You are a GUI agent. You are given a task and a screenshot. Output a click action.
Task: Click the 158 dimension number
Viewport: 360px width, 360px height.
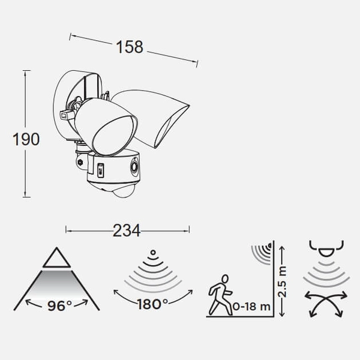[130, 47]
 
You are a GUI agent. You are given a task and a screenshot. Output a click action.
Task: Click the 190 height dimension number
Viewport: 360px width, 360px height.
[26, 139]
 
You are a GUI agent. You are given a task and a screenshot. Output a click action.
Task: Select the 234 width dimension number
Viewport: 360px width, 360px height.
[127, 230]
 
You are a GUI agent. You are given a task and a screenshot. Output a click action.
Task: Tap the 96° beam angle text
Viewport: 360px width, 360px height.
[59, 305]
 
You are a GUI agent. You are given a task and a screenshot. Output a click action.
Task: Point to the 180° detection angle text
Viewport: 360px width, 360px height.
[152, 304]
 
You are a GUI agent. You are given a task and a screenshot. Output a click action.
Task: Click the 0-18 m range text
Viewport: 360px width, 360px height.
[251, 306]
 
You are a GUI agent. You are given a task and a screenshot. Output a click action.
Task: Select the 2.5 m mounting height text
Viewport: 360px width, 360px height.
[282, 282]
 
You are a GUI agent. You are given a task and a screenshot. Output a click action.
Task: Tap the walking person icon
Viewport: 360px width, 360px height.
[220, 295]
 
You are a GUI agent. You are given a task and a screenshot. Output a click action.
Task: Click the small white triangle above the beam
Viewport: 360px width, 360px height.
[57, 258]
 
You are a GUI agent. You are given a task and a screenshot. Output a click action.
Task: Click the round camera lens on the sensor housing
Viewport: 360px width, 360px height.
[134, 167]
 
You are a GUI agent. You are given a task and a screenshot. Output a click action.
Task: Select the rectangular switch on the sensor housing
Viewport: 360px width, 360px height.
[101, 170]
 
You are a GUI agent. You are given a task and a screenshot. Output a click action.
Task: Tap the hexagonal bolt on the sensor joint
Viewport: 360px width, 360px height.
[80, 163]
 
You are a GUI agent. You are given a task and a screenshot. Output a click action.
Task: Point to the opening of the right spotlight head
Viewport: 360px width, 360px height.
[172, 126]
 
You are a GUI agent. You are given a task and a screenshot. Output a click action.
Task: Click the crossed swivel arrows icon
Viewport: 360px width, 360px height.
[326, 304]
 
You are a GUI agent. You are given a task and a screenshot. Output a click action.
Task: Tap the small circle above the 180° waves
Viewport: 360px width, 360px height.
[153, 253]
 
